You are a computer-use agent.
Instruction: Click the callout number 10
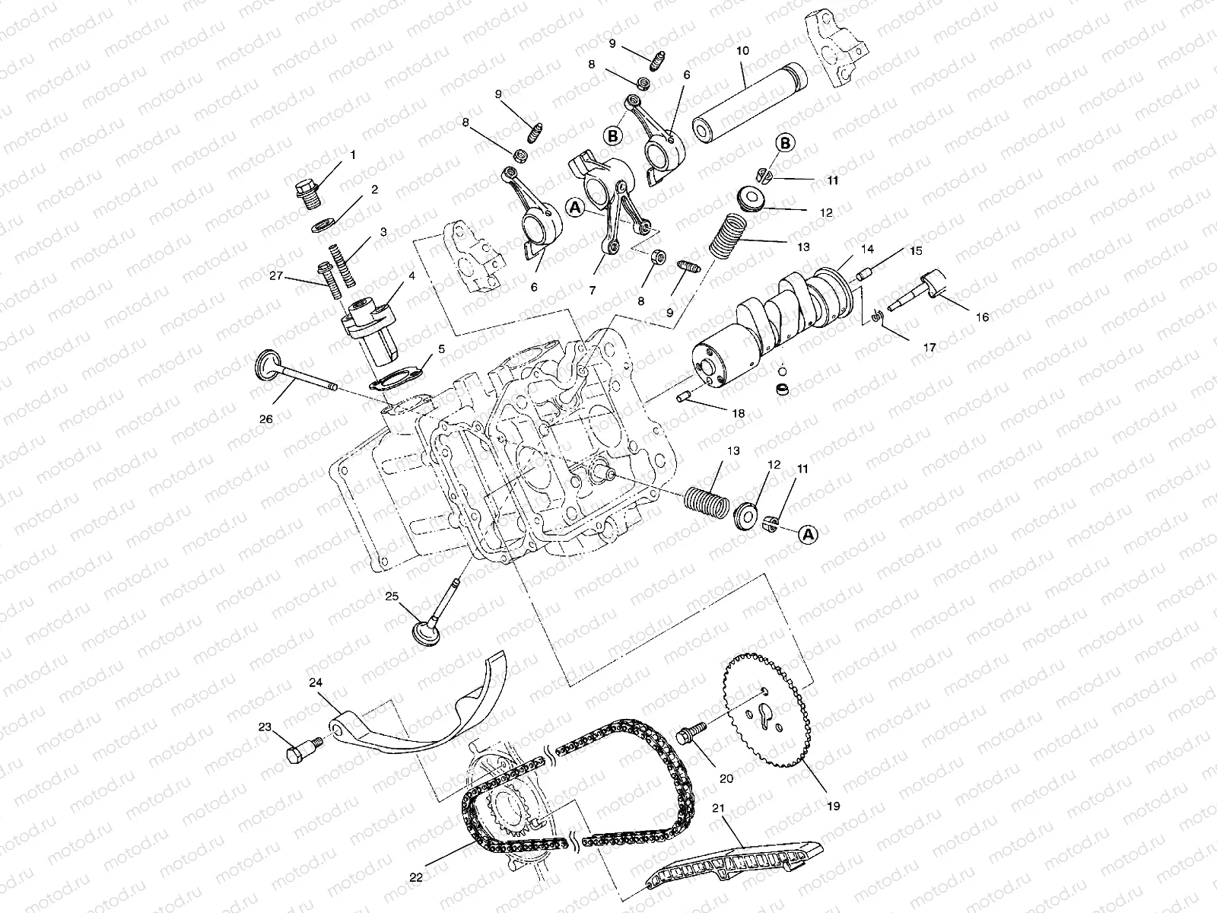(742, 51)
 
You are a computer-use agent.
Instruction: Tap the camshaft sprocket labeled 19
(766, 711)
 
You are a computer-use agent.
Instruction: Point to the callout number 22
(416, 877)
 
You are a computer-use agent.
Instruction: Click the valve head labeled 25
(426, 632)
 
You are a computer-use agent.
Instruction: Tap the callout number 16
(982, 317)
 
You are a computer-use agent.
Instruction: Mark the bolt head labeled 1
(306, 195)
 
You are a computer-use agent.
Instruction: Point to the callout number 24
(316, 682)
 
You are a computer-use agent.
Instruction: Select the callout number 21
(718, 808)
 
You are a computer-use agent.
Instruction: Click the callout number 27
(276, 275)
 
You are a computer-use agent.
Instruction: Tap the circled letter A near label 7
(576, 208)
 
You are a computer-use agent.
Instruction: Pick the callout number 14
(867, 249)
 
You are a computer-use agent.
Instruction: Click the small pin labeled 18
(682, 396)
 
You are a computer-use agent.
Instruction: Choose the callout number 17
(929, 348)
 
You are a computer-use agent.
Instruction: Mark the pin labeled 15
(865, 274)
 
